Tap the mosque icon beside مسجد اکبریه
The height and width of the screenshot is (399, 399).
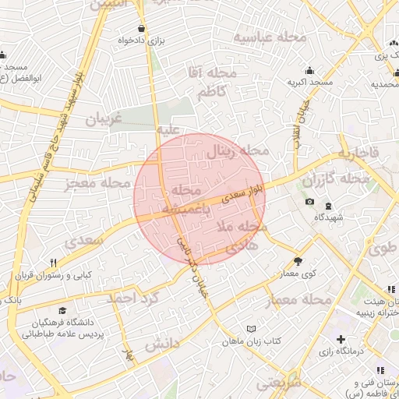click(310, 69)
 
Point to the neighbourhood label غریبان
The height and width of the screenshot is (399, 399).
click(104, 119)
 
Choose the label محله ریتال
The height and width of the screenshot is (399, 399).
click(237, 151)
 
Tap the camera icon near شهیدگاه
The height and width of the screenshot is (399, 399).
click(310, 202)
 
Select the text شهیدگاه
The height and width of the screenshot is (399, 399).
click(329, 218)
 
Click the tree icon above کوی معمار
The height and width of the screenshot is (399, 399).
click(298, 261)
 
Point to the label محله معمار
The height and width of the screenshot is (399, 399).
click(300, 300)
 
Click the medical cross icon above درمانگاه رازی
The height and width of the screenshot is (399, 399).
click(341, 339)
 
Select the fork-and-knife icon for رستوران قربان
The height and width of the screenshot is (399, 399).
click(53, 263)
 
